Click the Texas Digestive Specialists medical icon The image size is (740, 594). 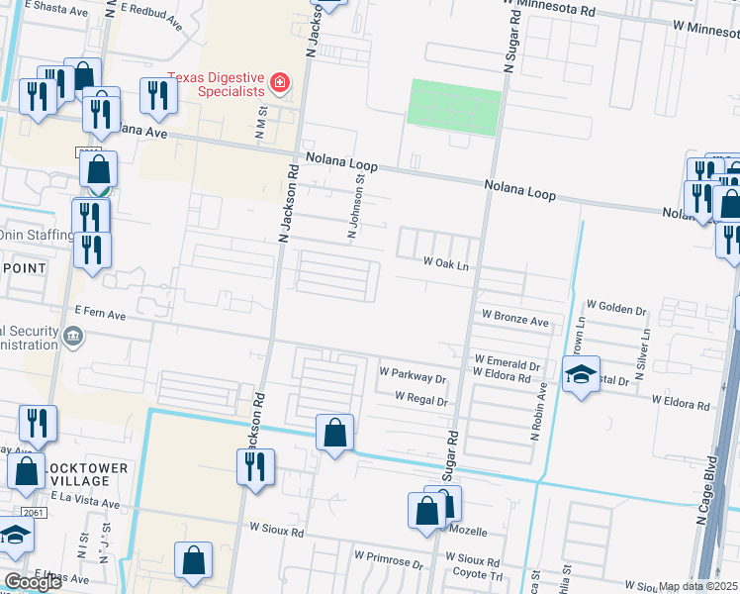pyautogui.click(x=281, y=82)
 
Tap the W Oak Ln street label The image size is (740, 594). pyautogui.click(x=445, y=263)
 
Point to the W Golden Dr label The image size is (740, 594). pyautogui.click(x=616, y=308)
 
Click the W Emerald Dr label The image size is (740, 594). pyautogui.click(x=507, y=359)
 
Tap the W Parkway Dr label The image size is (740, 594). pyautogui.click(x=414, y=376)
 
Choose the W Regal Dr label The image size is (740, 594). pyautogui.click(x=421, y=399)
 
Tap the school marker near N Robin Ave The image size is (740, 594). pyautogui.click(x=581, y=374)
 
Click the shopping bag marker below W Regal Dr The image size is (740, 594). pyautogui.click(x=335, y=432)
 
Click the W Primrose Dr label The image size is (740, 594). pyautogui.click(x=390, y=562)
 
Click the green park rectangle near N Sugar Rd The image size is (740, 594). pyautogui.click(x=453, y=106)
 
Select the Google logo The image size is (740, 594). pyautogui.click(x=33, y=582)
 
